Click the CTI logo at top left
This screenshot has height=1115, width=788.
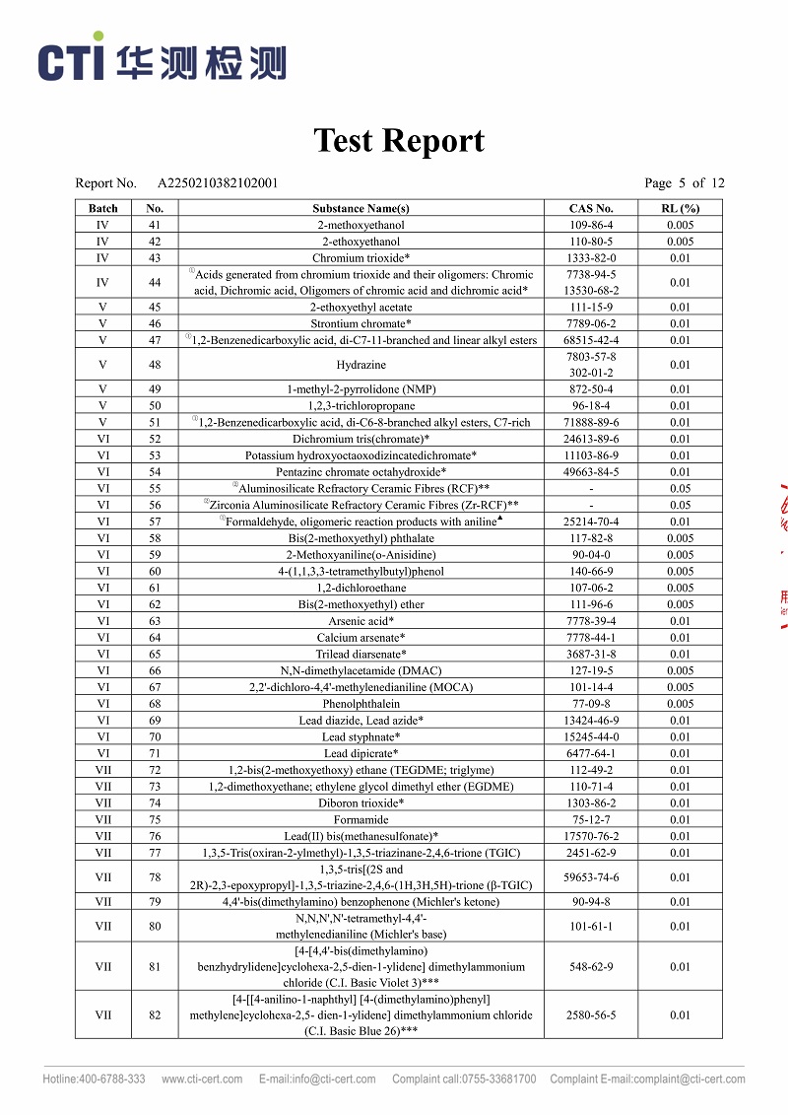[x=163, y=61]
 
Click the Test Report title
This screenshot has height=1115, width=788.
[x=399, y=140]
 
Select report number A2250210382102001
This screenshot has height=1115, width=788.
[x=218, y=182]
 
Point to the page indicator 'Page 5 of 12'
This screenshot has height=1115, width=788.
[x=684, y=182]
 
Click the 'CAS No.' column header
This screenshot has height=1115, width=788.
[x=591, y=208]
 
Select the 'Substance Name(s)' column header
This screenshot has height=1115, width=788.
[x=361, y=208]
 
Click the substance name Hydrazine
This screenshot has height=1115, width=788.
[x=361, y=365]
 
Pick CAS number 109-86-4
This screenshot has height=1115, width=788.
[x=591, y=225]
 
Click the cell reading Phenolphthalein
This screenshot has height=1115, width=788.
[x=361, y=704]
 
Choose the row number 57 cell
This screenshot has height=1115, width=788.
[x=155, y=522]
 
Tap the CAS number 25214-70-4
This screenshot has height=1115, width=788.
[x=591, y=522]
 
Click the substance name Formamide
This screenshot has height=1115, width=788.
[x=361, y=819]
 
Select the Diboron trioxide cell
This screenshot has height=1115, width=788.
[x=361, y=803]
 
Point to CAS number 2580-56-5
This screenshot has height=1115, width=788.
[x=591, y=1014]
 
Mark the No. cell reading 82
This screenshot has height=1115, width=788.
[x=155, y=1014]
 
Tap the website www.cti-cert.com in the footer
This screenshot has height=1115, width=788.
[x=202, y=1079]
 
